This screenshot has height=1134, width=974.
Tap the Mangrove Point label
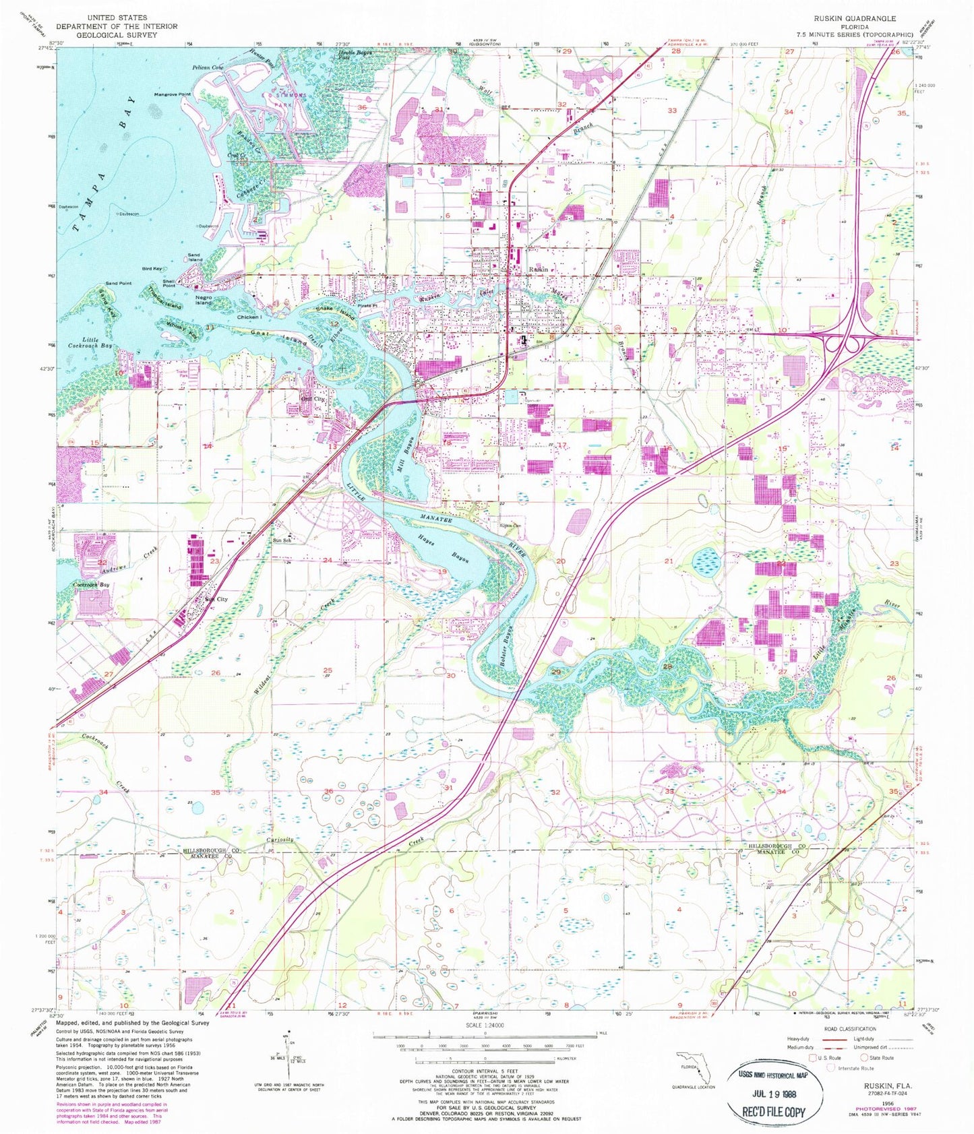click(x=172, y=94)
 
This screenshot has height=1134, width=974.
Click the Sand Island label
click(x=195, y=257)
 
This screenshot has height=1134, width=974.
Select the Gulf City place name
click(x=312, y=399)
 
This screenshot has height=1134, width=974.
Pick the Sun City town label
click(x=216, y=599)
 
